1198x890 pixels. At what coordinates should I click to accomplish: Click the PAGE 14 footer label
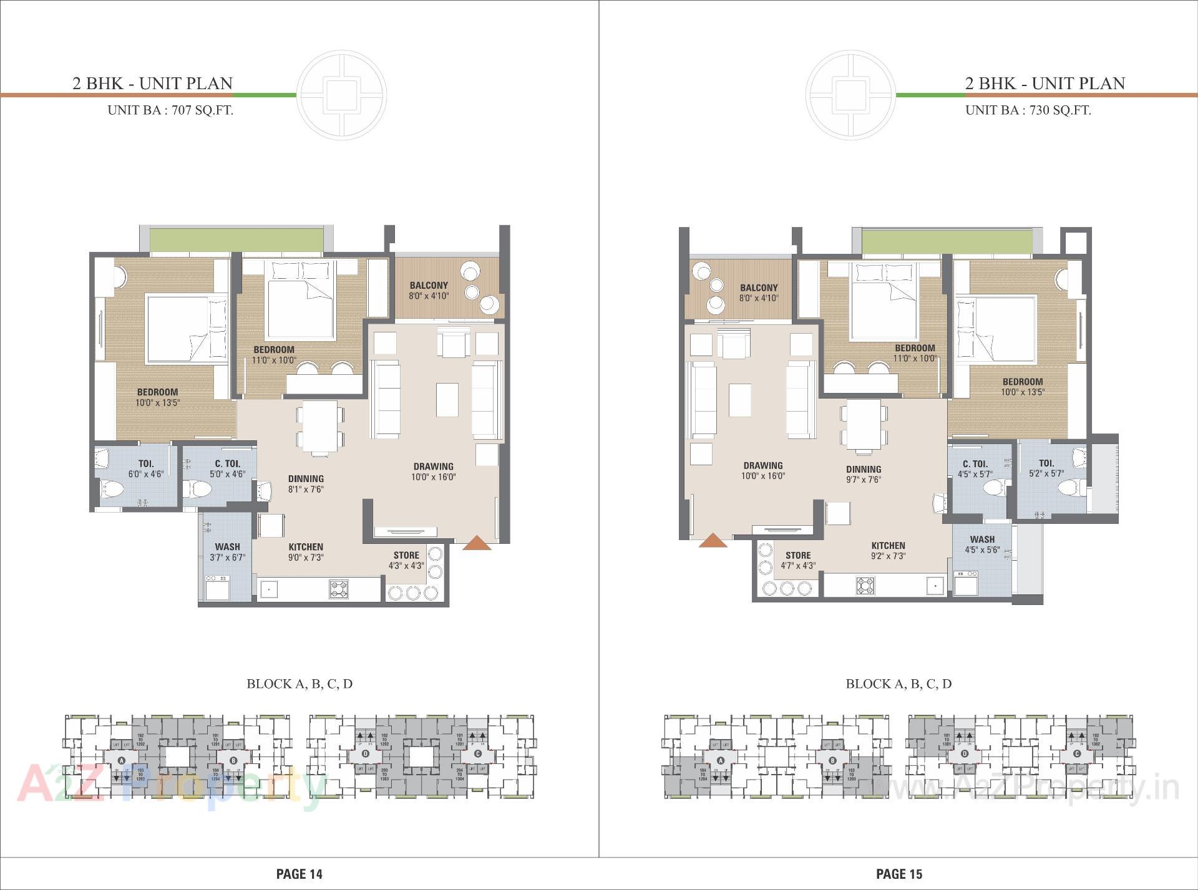[299, 874]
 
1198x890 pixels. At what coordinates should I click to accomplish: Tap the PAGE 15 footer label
[898, 874]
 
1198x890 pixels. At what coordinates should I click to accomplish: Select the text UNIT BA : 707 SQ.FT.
[170, 110]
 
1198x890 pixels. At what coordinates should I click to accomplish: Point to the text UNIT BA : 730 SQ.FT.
[1028, 110]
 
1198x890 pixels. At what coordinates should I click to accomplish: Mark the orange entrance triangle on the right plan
[713, 541]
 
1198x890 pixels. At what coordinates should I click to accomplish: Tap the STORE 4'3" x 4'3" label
[406, 560]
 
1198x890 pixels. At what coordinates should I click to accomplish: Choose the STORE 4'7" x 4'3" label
[798, 560]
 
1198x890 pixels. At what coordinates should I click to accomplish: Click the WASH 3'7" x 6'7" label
[227, 552]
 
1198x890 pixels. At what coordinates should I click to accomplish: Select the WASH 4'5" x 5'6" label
[982, 544]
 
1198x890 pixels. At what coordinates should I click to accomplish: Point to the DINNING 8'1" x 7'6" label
[306, 484]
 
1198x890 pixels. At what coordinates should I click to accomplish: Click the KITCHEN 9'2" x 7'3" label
[888, 550]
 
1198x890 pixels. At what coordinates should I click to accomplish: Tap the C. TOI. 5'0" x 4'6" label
[227, 468]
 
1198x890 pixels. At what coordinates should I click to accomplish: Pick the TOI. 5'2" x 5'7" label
[1046, 468]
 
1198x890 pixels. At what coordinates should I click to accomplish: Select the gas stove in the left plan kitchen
[339, 589]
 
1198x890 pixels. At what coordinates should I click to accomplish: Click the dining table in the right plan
[864, 425]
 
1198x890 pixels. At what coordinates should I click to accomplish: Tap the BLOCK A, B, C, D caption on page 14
[299, 684]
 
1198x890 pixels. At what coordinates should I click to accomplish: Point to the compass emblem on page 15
[850, 95]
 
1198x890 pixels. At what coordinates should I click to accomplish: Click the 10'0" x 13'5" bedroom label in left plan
[157, 397]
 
